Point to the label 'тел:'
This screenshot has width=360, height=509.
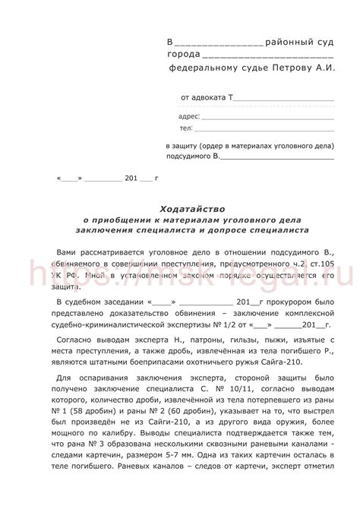(185, 129)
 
